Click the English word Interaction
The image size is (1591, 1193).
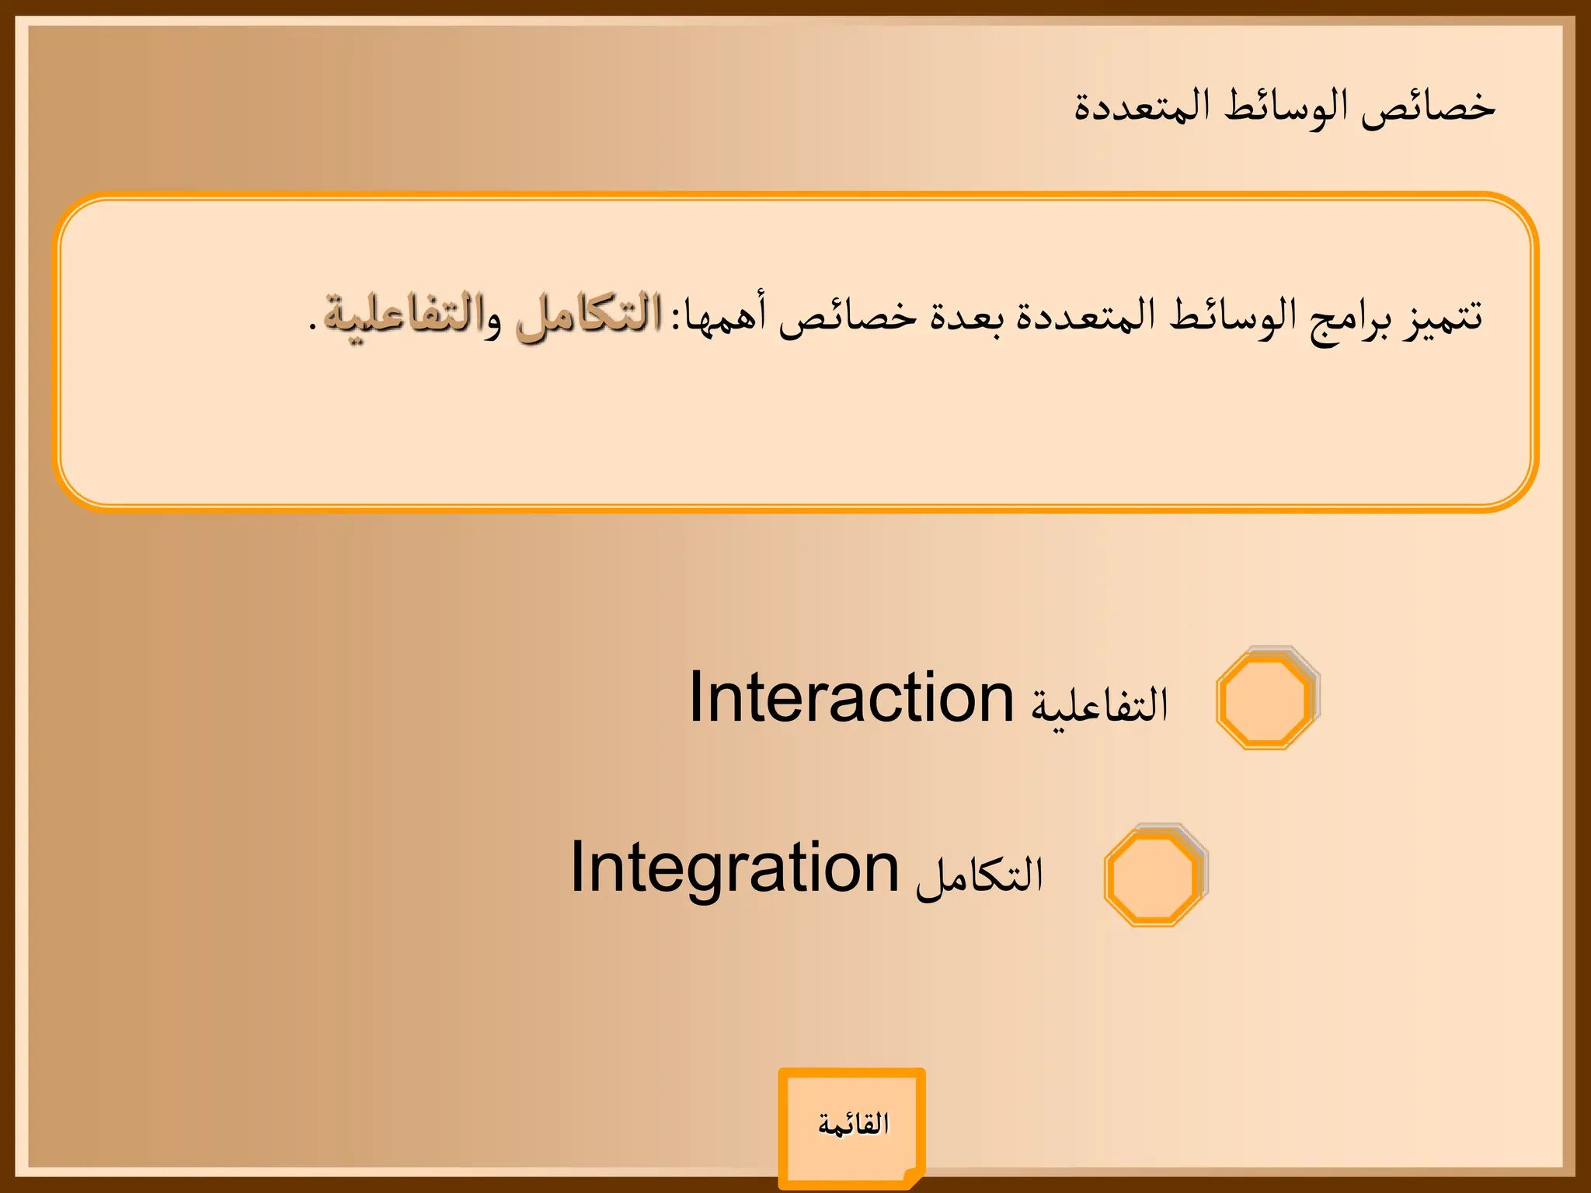[851, 698]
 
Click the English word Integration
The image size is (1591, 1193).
[734, 868]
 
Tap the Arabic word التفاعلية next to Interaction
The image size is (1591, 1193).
[1099, 704]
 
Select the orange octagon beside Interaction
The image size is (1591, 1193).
[1266, 700]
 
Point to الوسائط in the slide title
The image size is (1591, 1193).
[1286, 107]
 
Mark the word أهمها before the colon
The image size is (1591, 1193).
[725, 317]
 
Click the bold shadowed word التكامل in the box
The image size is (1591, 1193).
[589, 317]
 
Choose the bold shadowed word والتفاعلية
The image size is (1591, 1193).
[413, 317]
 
